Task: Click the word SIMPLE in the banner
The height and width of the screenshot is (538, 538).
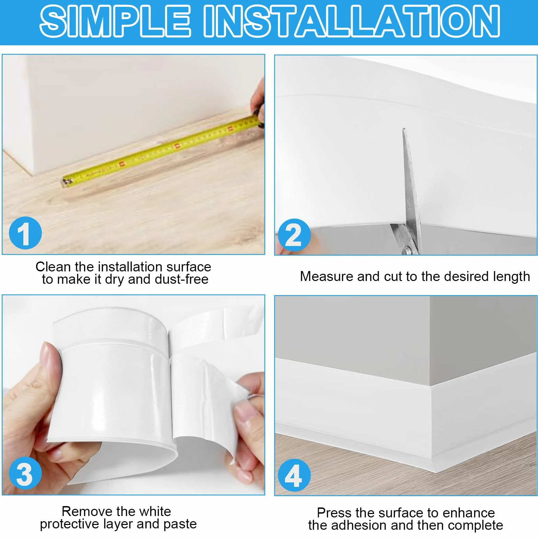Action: [x=115, y=21]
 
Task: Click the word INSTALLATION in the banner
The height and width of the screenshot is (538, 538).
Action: [x=352, y=21]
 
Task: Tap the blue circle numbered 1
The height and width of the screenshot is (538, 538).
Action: [x=25, y=233]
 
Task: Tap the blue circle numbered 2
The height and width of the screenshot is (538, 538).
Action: [x=294, y=235]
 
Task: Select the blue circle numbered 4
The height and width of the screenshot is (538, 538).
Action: [x=294, y=475]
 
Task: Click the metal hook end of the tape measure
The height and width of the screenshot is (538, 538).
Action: [x=67, y=182]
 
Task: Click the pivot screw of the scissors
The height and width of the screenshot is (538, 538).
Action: [x=407, y=250]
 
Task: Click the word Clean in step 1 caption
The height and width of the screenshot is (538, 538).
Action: [x=54, y=267]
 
